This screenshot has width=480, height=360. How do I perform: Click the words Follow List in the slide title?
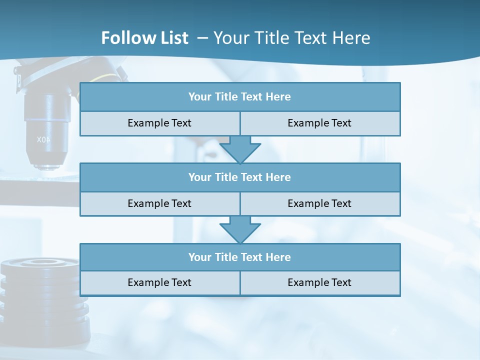coord(144,38)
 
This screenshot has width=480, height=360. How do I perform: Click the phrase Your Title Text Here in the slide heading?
coord(292,38)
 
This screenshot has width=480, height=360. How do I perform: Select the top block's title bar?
coord(240,97)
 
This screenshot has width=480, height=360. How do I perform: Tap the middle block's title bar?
coord(240,177)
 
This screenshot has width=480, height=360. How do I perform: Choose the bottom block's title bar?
coord(240,257)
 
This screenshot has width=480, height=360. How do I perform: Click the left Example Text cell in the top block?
coord(159,123)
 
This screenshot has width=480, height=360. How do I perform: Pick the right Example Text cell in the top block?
coord(319,123)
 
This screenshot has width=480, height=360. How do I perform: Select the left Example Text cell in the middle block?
coord(159,203)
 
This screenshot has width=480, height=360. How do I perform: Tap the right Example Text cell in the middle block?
coord(319,203)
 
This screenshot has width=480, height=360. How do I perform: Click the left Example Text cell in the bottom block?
coord(159,282)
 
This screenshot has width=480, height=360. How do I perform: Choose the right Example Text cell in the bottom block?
coord(319,282)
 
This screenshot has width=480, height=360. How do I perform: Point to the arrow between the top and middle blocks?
coord(240,149)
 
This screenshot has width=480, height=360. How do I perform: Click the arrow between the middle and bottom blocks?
coord(240,230)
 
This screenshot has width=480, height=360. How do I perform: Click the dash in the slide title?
coord(202,38)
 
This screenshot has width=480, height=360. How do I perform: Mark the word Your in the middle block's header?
coord(199,177)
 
